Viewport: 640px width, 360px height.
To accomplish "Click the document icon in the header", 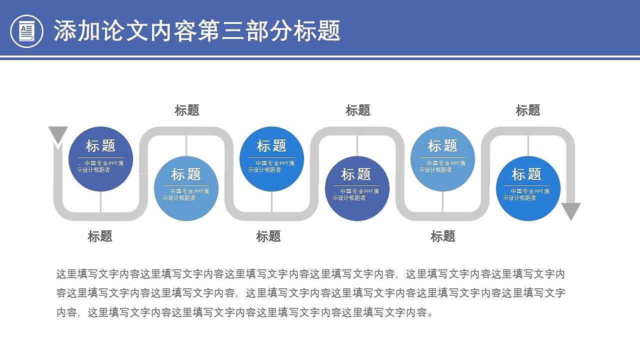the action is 27,31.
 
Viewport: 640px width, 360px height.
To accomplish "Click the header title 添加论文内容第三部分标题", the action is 197,31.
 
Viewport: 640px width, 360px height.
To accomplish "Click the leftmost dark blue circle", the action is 100,159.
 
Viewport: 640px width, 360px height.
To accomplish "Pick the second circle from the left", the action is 186,188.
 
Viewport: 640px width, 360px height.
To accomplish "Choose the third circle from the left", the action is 271,159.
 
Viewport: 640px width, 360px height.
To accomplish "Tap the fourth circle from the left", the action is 357,188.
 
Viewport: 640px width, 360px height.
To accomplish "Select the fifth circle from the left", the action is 442,159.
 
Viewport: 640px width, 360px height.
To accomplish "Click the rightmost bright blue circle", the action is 528,188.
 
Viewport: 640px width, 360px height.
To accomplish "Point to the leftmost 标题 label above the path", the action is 187,110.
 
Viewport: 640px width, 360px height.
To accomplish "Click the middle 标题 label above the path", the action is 358,110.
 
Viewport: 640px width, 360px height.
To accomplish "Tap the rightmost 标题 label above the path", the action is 528,110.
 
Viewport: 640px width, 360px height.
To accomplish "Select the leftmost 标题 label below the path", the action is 100,236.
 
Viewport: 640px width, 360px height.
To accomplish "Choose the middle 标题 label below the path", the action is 268,236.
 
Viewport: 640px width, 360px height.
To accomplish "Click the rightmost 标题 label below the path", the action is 443,236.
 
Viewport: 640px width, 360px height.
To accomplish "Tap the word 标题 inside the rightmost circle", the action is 526,174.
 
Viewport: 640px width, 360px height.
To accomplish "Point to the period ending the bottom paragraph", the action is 431,315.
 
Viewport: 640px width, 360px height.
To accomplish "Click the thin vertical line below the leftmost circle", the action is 100,201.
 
